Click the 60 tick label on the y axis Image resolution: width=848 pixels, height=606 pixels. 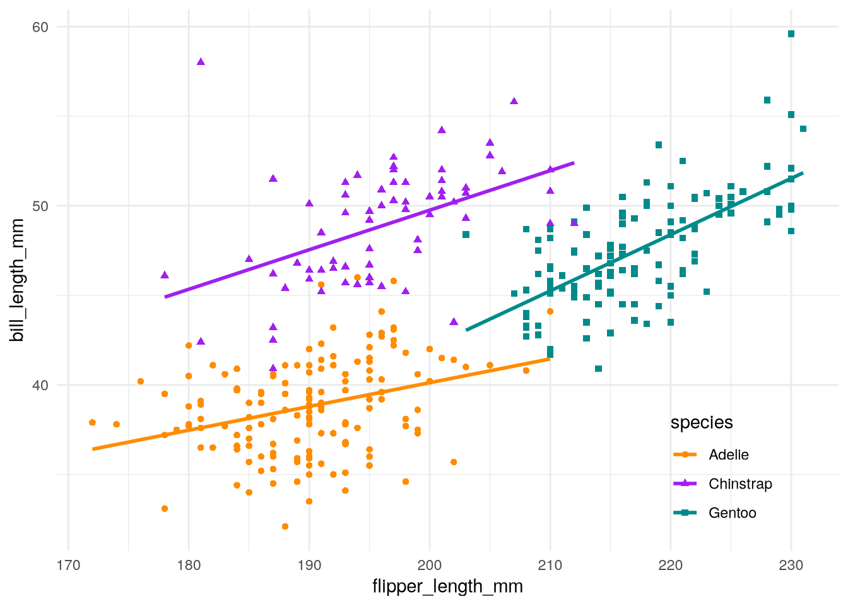click(x=40, y=27)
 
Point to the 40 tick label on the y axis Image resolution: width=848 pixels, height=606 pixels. click(x=40, y=385)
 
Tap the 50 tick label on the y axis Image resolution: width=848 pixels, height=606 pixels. click(x=40, y=206)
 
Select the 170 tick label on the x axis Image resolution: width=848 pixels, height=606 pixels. click(x=68, y=565)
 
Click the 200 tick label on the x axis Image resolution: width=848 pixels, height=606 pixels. click(x=430, y=565)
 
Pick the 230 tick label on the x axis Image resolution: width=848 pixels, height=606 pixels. click(x=791, y=565)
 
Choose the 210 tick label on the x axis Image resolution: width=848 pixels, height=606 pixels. click(x=550, y=565)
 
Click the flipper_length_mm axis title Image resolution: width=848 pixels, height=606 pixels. click(x=447, y=586)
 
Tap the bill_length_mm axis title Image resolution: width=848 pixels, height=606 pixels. click(x=17, y=280)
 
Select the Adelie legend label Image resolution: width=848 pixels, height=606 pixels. click(x=729, y=455)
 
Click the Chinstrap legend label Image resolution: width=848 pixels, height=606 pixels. click(x=740, y=484)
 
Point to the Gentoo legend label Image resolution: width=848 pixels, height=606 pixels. click(x=732, y=513)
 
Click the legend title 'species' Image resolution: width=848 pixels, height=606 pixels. click(x=702, y=423)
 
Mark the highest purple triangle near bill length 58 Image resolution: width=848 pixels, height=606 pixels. click(x=201, y=62)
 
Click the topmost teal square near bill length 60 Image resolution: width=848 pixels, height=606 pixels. click(x=791, y=34)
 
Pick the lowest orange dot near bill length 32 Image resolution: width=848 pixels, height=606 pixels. click(x=285, y=526)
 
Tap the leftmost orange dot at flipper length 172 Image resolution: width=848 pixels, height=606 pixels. click(x=92, y=422)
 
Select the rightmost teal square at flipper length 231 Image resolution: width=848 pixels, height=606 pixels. click(x=803, y=129)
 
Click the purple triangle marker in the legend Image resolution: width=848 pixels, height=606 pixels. click(x=685, y=484)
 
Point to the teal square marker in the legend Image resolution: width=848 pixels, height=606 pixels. click(x=685, y=513)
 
